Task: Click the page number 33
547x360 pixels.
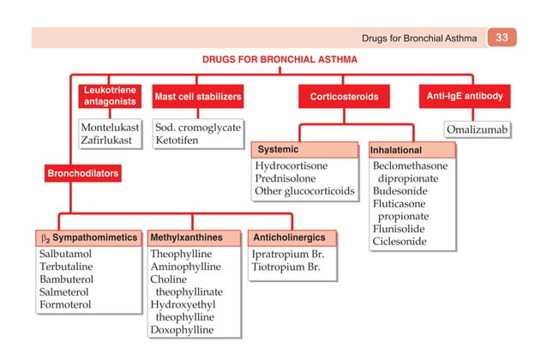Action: coord(502,38)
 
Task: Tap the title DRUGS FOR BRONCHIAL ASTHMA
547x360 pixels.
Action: coord(280,61)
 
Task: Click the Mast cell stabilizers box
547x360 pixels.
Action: coord(197,97)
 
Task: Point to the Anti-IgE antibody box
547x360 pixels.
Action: coord(464,96)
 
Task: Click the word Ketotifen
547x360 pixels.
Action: coord(177,141)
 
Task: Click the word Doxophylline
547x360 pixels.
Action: coord(184,329)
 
